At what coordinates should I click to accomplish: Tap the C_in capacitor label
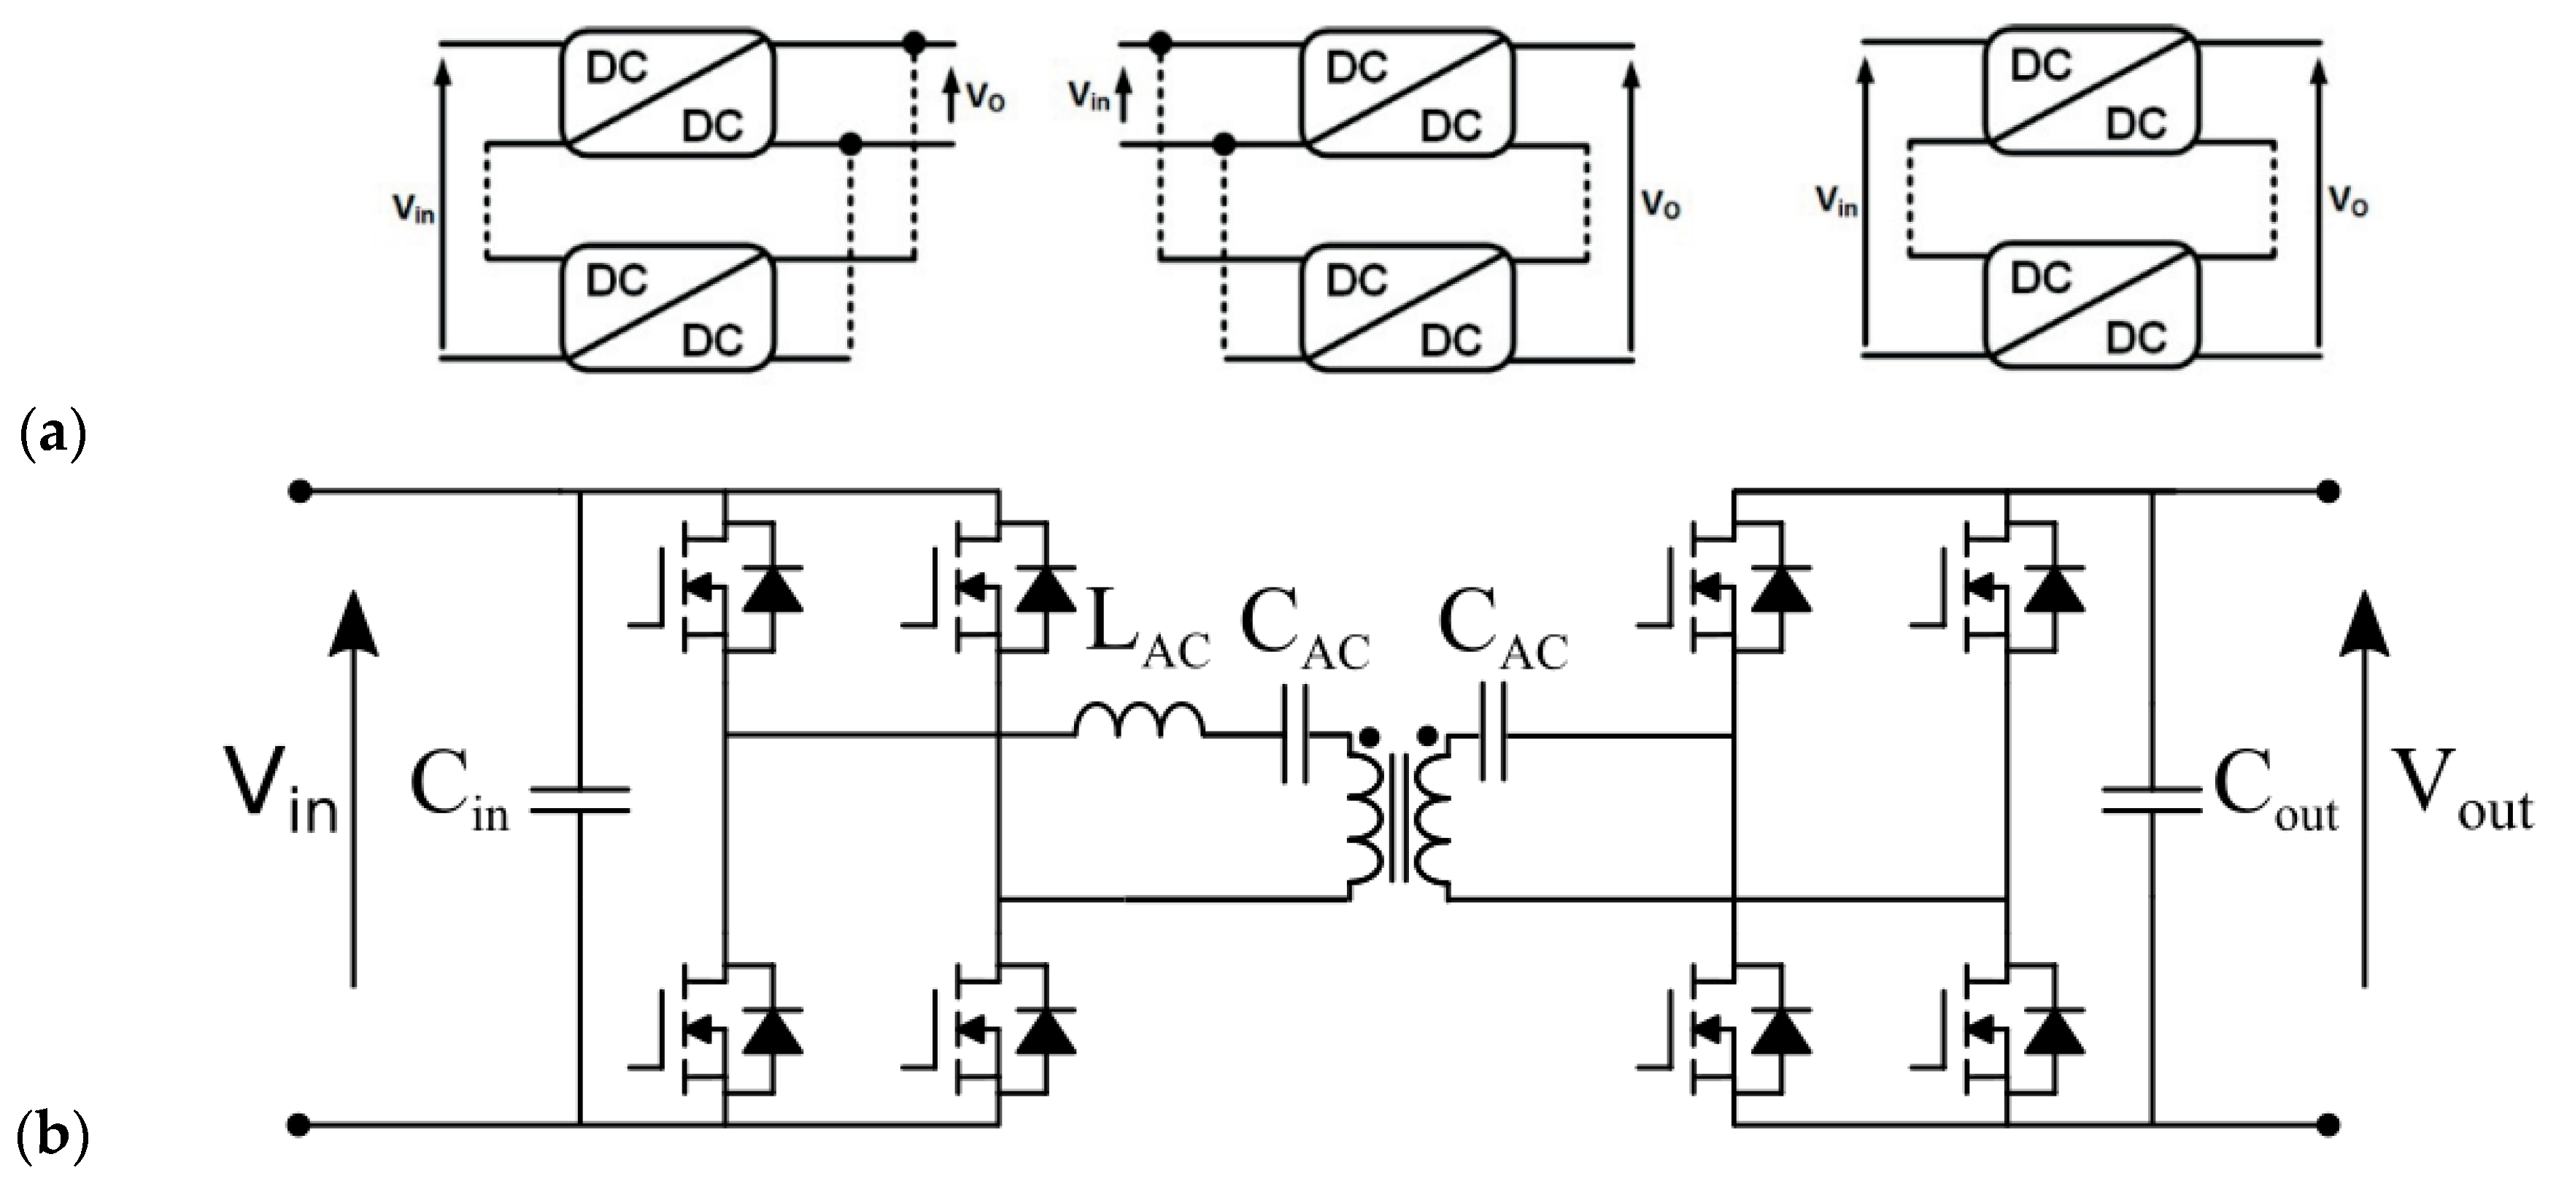click(x=458, y=798)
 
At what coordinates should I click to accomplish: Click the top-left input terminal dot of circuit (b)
click(x=298, y=491)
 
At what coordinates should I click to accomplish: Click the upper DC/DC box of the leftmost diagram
click(x=665, y=96)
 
